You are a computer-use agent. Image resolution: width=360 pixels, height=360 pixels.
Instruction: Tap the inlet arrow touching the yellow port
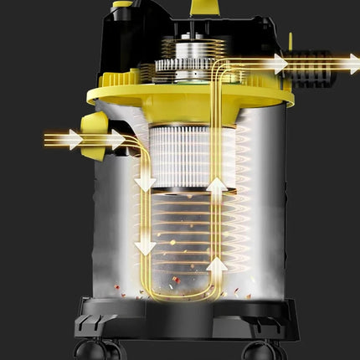coord(114,140)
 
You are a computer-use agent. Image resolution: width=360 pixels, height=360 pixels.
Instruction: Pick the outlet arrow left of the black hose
coord(277,64)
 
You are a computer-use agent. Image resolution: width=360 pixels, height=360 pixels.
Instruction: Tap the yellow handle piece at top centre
coord(200,7)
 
